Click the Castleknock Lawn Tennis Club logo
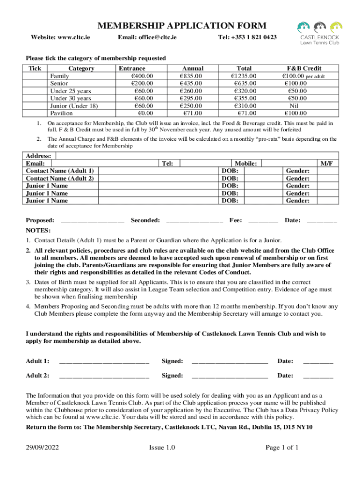320,33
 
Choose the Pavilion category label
61,113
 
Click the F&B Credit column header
304,68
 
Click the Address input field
196,156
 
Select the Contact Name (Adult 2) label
60,178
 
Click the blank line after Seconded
194,220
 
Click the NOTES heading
38,231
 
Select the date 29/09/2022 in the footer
42,448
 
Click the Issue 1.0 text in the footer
162,448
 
